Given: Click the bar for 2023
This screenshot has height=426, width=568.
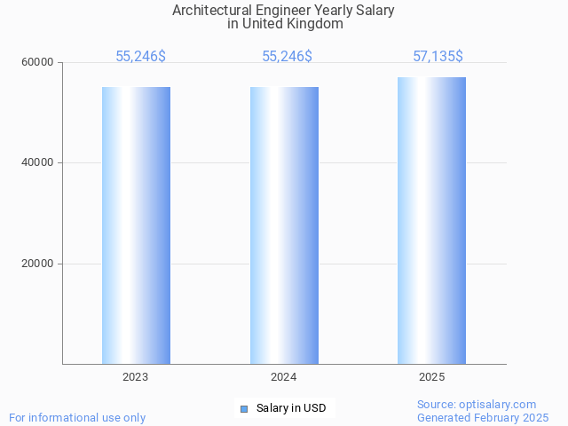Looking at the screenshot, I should (x=136, y=225).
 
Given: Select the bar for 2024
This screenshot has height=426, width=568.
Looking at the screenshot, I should (x=284, y=225).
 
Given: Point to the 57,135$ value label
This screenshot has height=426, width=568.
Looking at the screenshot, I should (x=438, y=57).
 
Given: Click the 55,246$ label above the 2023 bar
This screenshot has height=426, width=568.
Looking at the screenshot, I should (x=140, y=57).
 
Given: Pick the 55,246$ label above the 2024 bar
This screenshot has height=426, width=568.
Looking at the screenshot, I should (x=287, y=57).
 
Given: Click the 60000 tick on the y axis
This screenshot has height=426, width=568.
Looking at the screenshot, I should (x=38, y=62).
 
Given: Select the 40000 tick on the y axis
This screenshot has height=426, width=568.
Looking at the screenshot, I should (x=38, y=162).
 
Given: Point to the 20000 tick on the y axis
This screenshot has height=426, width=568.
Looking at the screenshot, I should (x=38, y=264).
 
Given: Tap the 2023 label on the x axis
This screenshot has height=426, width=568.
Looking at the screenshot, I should (x=136, y=377).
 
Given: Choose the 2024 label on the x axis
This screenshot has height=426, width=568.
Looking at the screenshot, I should (x=284, y=377).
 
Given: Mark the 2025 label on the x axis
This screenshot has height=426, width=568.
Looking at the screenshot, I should (x=431, y=377).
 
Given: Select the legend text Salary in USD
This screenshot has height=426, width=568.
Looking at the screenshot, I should (x=290, y=408).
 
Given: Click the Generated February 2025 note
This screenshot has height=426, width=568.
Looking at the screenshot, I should (x=483, y=417).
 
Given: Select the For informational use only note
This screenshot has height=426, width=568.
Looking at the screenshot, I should (x=77, y=417).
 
